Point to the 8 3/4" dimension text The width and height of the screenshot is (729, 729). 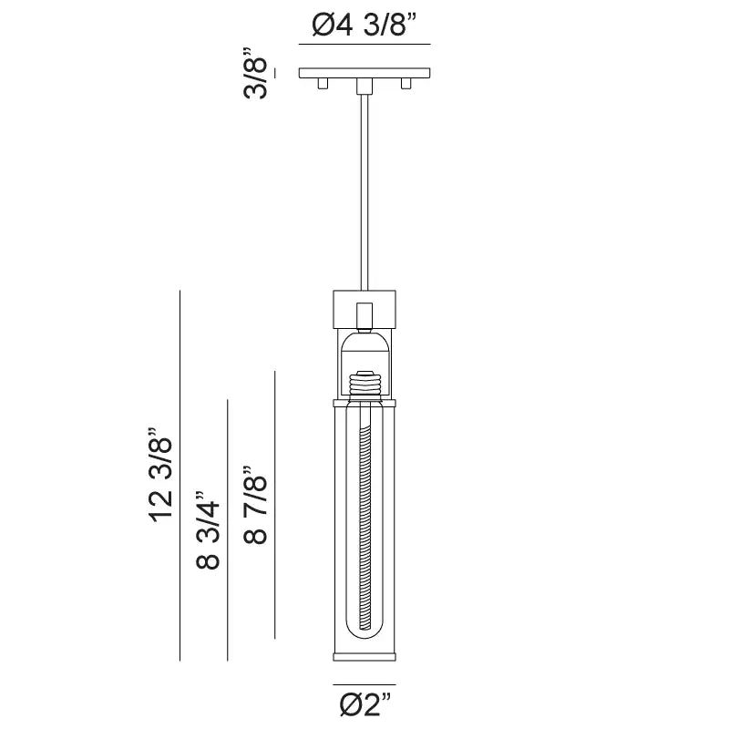tap(209, 533)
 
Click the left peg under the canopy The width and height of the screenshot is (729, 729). tap(322, 84)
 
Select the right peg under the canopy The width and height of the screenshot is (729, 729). tap(406, 84)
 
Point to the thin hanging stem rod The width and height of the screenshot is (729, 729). tap(364, 191)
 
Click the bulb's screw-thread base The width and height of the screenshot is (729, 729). tap(364, 382)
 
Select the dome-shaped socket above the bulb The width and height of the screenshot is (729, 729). tap(364, 346)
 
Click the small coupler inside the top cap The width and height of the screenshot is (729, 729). tap(364, 314)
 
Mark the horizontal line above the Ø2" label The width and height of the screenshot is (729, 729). tap(364, 683)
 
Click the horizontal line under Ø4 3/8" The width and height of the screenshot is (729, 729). tap(364, 44)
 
